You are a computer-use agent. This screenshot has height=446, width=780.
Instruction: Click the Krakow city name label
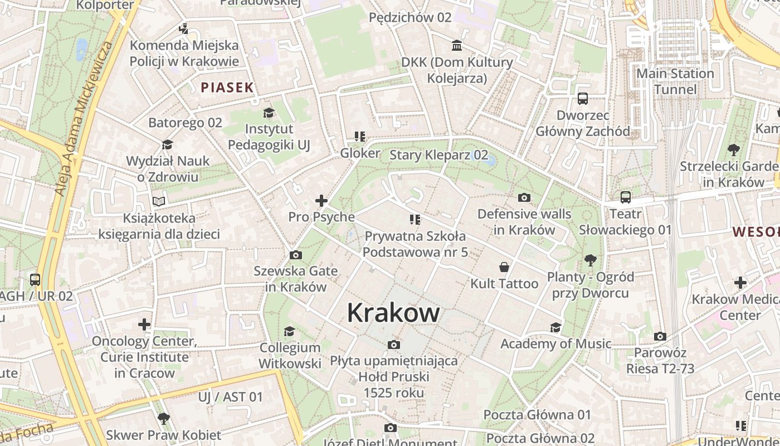[393, 313]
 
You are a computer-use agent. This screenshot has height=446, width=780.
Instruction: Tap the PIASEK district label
[227, 88]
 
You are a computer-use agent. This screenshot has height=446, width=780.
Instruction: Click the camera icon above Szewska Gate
[296, 255]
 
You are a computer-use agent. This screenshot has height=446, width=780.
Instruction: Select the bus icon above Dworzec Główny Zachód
[583, 99]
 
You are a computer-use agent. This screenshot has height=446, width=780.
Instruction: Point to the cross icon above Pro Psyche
[321, 201]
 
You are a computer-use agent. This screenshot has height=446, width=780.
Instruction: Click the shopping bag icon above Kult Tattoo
[504, 267]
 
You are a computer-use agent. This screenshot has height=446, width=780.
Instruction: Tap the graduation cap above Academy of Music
[555, 327]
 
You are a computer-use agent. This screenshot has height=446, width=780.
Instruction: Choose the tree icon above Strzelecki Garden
[734, 150]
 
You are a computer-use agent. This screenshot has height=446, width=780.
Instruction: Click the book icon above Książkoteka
[159, 201]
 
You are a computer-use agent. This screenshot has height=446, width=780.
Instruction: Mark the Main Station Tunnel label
[675, 81]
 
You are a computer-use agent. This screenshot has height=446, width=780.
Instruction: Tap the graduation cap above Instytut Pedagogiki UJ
[269, 113]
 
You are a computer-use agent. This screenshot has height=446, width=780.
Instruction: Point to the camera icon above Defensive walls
[524, 197]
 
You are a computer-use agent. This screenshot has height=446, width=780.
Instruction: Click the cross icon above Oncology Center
[144, 324]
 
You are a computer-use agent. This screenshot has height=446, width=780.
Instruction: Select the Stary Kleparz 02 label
[438, 155]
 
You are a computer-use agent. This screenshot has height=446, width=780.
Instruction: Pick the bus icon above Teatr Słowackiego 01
[626, 197]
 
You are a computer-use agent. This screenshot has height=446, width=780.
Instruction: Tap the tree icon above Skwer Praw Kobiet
[163, 418]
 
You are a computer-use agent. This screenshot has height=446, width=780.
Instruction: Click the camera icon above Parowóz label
[660, 336]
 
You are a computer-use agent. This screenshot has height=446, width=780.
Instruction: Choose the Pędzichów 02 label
[410, 17]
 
